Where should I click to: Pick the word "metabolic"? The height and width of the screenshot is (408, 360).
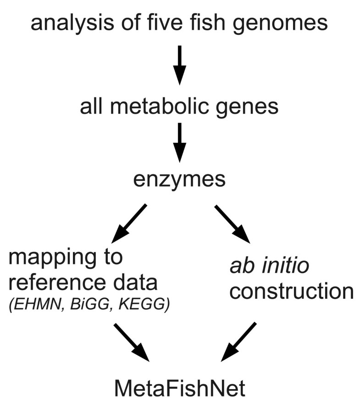pos(172,107)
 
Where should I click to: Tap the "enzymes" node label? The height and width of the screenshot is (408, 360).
pos(180,179)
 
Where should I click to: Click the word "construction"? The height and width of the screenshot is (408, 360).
pos(291,291)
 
